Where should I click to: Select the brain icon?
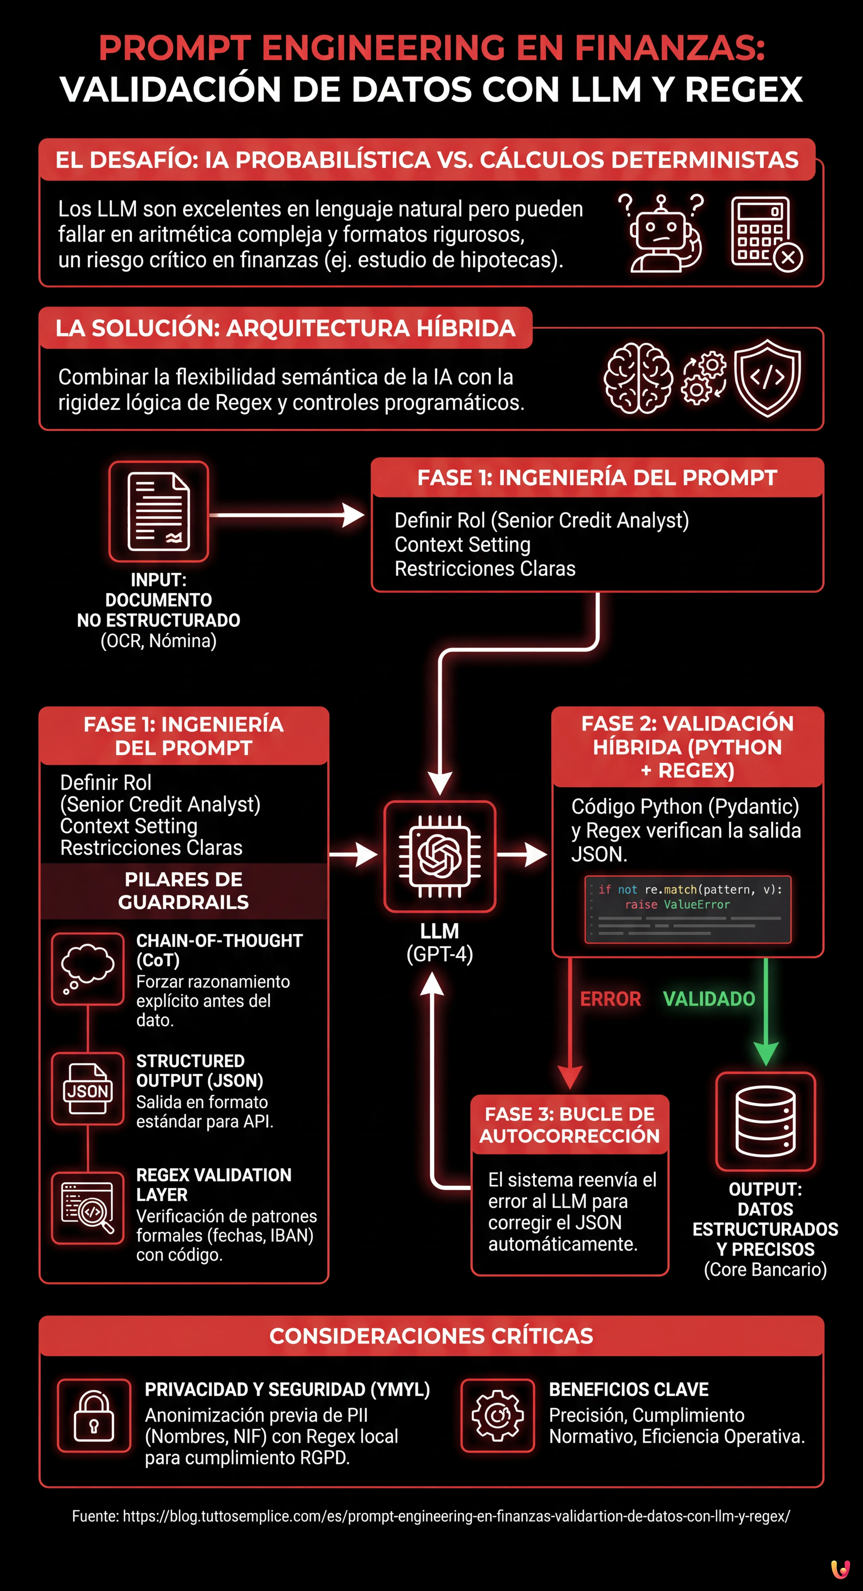tap(638, 378)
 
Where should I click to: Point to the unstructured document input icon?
tap(159, 511)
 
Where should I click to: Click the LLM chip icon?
tap(440, 856)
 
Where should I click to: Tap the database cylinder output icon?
tap(766, 1121)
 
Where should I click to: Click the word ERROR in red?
tap(610, 999)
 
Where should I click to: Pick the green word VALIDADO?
tap(709, 999)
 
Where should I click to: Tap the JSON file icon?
tap(88, 1088)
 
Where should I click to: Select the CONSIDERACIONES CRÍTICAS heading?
tap(431, 1336)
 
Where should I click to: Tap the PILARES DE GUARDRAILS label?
tap(183, 890)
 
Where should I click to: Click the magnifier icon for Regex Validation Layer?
tap(88, 1207)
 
